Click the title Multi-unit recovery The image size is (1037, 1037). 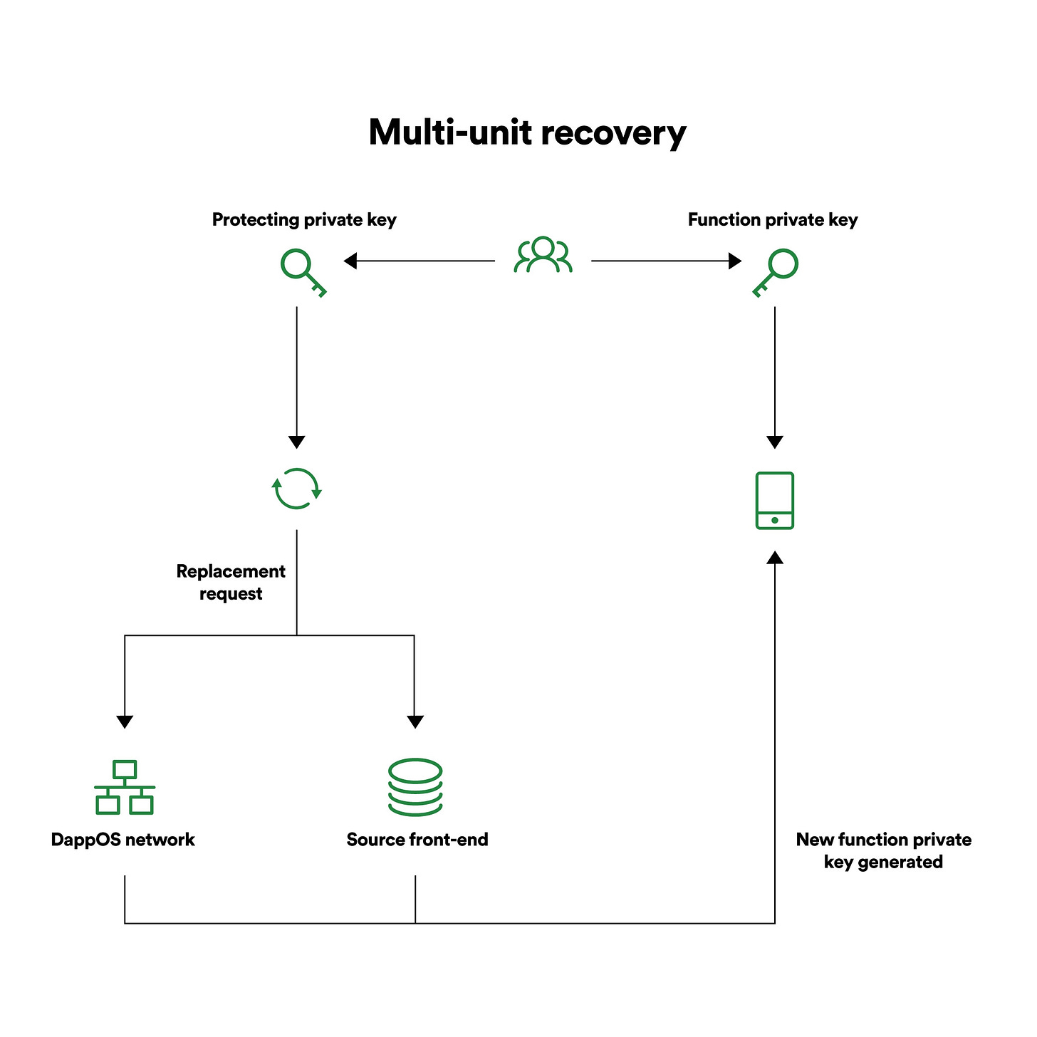tap(527, 132)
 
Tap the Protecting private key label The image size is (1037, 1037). tap(304, 219)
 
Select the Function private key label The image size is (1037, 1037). tap(773, 219)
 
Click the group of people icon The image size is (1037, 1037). tap(543, 254)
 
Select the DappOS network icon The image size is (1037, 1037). tap(125, 787)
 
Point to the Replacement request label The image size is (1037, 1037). tap(231, 582)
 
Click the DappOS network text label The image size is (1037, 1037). tap(123, 839)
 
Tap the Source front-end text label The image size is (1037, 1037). tap(417, 839)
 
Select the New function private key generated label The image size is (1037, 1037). tap(883, 850)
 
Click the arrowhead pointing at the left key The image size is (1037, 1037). tap(350, 261)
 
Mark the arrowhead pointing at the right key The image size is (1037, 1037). tap(735, 261)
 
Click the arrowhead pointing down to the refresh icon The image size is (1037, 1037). tap(296, 442)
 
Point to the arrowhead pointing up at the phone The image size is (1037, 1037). tap(775, 558)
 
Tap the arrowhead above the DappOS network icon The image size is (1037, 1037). tap(125, 722)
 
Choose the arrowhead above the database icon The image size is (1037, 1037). tap(415, 722)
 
